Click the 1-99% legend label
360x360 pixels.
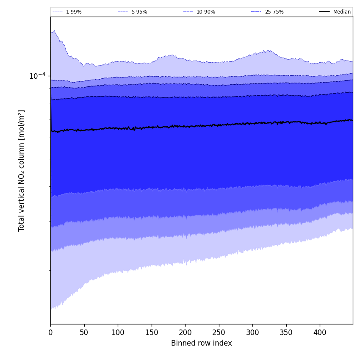click(74, 12)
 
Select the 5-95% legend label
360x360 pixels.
click(139, 12)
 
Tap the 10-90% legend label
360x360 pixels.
click(205, 12)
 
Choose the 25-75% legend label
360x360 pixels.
click(274, 12)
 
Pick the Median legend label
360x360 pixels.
click(342, 12)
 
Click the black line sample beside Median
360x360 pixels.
click(324, 12)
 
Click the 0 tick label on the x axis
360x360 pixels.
click(50, 332)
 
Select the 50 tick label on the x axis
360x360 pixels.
click(84, 332)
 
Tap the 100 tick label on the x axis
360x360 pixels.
click(118, 332)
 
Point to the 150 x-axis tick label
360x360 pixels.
click(151, 332)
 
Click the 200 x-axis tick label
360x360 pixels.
click(185, 332)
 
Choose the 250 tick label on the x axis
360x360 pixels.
click(219, 332)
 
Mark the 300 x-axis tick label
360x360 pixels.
click(252, 332)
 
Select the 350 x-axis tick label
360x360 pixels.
click(286, 332)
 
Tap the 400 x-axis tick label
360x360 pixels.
click(320, 332)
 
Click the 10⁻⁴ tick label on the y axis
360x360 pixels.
click(37, 76)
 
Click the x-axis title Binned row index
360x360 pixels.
click(202, 343)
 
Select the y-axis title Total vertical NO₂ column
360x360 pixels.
click(22, 170)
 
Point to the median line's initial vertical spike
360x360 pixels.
click(51, 110)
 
